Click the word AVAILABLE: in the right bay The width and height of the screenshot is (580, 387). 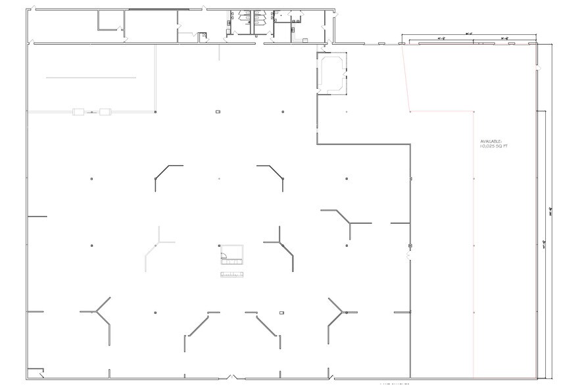coord(491,142)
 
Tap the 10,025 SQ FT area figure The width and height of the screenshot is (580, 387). coord(495,147)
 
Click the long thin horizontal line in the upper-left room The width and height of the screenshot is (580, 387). coord(91,78)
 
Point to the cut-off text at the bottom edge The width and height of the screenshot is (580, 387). coord(395,384)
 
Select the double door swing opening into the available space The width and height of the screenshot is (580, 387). coord(408,253)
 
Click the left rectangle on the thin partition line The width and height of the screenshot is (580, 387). coord(78,112)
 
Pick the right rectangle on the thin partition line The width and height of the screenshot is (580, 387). coord(104,112)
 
